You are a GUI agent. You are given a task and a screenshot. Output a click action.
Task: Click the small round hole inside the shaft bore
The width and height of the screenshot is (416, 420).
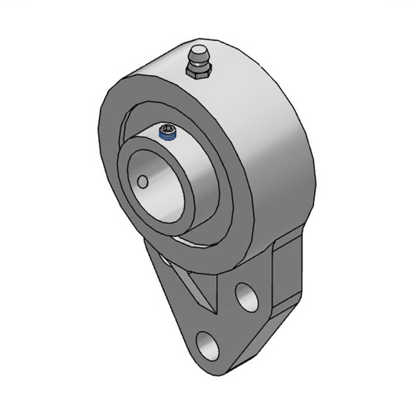[x=142, y=180]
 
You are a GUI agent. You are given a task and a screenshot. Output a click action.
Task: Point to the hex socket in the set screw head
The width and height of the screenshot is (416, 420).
[x=166, y=129]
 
